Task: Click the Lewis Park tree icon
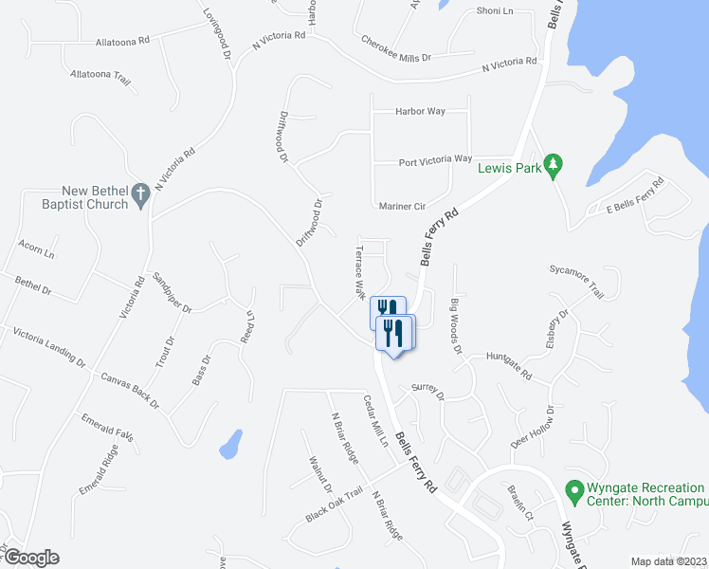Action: point(555,165)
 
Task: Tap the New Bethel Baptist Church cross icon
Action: point(140,193)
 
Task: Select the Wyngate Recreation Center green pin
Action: point(573,491)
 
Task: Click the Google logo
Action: point(30,558)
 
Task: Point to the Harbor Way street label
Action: point(421,112)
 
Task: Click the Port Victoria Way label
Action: point(435,159)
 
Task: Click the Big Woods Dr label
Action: point(456,326)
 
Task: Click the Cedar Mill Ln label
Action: point(376,421)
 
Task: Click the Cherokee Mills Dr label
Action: point(396,49)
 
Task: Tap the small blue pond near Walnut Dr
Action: point(229,443)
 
